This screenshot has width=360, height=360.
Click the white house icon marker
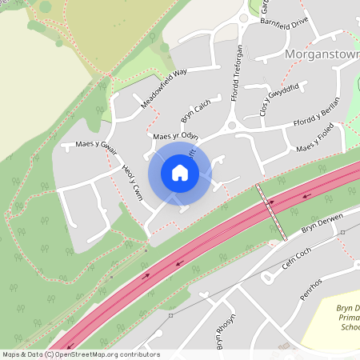coord(180,172)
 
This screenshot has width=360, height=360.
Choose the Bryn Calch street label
coord(196,111)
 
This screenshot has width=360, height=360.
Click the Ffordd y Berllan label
coord(316,110)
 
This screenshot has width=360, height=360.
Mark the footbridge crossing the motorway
coord(271,211)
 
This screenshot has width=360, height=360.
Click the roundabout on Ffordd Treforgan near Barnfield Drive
coord(243,18)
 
